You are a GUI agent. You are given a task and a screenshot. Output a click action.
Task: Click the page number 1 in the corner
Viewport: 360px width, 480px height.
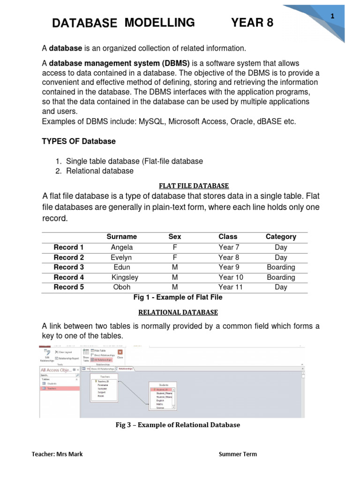(x=332, y=16)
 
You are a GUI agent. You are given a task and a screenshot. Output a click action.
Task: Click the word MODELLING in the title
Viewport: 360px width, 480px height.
(x=160, y=22)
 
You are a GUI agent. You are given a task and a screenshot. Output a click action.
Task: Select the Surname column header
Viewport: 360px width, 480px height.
(x=121, y=237)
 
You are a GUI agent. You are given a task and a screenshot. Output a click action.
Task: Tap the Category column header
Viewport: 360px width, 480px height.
(x=281, y=237)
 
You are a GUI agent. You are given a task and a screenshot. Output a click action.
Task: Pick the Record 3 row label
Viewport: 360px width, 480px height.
(x=69, y=267)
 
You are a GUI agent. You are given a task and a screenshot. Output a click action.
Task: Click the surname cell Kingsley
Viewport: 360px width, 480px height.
(x=125, y=277)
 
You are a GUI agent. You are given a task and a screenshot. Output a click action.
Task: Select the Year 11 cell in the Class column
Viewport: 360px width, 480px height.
(x=231, y=287)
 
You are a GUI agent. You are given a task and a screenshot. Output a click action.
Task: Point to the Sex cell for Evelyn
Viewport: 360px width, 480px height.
(x=175, y=257)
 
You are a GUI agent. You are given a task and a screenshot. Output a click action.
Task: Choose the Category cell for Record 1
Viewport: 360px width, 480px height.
(x=281, y=247)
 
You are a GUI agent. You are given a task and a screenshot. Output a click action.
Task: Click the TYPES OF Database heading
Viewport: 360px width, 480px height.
(x=79, y=141)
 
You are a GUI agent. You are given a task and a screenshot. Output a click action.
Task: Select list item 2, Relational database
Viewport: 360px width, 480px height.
(x=99, y=171)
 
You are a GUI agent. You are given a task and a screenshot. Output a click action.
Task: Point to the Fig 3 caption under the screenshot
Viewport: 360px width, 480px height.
(x=178, y=425)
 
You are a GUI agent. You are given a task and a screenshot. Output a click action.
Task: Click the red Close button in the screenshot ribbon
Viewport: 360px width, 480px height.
(x=120, y=353)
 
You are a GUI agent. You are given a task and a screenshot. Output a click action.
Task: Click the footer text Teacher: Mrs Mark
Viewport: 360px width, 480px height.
(x=57, y=454)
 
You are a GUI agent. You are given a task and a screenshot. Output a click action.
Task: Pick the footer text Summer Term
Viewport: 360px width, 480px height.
(x=238, y=454)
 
